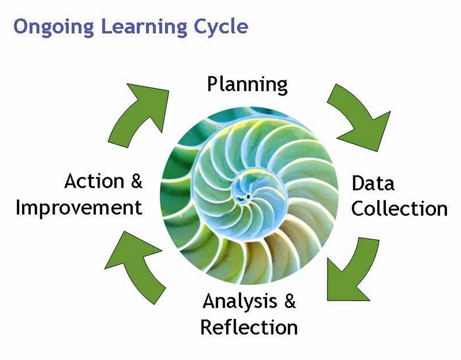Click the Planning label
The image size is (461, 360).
click(247, 85)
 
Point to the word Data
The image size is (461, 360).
click(373, 183)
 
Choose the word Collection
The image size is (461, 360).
click(399, 209)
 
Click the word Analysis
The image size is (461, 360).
click(240, 302)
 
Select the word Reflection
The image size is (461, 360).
click(249, 327)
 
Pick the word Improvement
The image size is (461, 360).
click(79, 208)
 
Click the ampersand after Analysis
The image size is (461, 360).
click(290, 301)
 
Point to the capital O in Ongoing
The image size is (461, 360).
click(20, 26)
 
